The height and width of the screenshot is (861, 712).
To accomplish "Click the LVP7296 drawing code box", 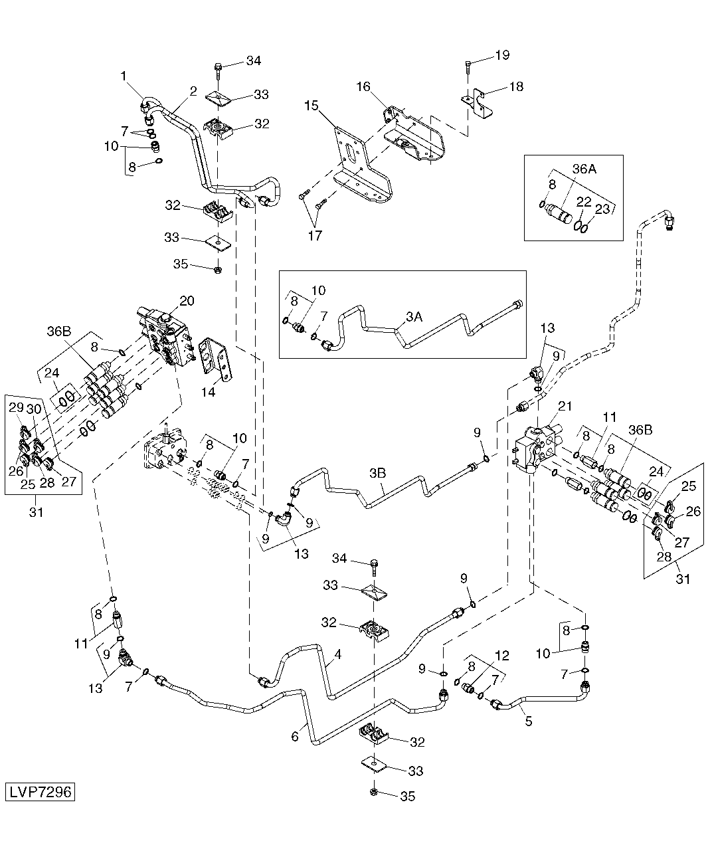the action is pos(40,792).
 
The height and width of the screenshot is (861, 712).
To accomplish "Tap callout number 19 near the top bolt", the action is pos(502,55).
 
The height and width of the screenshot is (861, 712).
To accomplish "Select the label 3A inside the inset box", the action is pos(414,317).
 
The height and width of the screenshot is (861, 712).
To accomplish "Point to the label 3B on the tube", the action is pos(377,473).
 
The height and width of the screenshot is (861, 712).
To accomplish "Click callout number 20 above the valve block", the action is pos(187,301).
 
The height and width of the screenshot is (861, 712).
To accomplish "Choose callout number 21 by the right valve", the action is pos(565,406).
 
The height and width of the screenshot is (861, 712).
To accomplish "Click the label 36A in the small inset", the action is pos(584,169).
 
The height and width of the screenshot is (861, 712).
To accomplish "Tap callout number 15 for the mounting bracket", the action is pos(311,106).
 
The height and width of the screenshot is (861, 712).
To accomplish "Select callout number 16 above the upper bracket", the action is pos(363,86).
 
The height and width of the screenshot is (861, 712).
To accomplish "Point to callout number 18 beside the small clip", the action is pos(516,86).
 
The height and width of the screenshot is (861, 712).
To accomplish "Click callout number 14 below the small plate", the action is pos(208,392).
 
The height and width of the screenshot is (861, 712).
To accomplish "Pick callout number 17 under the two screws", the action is pos(315,236).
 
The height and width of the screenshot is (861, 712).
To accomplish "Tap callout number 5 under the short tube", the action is pos(529,721).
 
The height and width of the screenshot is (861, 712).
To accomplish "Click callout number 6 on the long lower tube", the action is pos(295,737).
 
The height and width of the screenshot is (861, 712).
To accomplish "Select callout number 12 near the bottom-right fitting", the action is pos(502,656).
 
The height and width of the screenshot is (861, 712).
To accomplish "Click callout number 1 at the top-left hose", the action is pos(124,76).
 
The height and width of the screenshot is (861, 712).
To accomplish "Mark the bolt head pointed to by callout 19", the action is pos(468,64).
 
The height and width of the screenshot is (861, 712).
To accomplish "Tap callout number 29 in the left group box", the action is pos(16,407).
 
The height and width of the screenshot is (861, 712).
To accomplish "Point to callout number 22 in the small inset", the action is pos(584,202).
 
